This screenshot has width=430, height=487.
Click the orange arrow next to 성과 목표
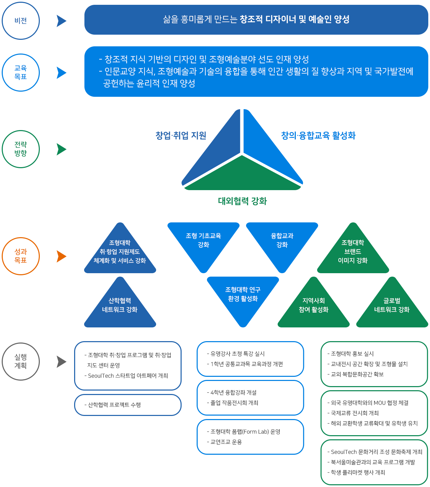coord(61,256)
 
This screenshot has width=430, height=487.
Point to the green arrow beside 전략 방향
coord(61,149)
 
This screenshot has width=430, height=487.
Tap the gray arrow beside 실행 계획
coord(61,361)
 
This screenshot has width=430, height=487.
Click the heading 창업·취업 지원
coord(181,136)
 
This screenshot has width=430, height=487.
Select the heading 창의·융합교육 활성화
coord(318,136)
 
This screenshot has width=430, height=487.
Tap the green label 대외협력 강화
coord(242,201)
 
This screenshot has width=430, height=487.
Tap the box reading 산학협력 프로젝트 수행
coord(128,405)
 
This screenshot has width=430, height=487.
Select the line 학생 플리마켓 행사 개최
coord(356,472)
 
